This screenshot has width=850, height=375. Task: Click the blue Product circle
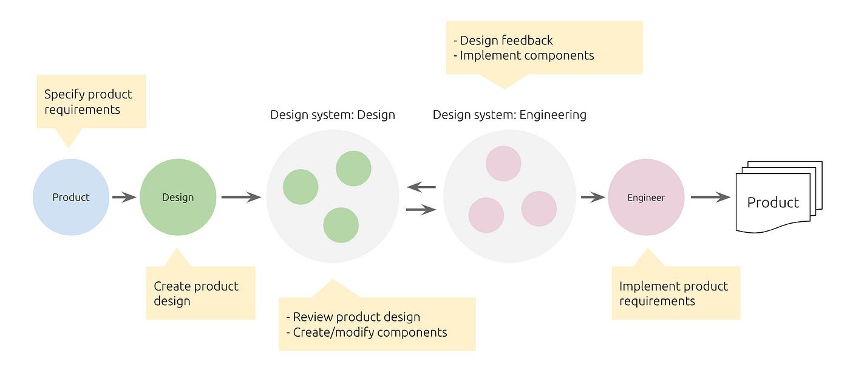(x=71, y=197)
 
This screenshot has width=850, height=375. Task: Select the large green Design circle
(x=178, y=197)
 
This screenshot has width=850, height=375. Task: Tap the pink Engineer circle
(x=646, y=197)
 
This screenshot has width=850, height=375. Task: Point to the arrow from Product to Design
(x=124, y=197)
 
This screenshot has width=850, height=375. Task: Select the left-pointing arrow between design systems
(x=421, y=187)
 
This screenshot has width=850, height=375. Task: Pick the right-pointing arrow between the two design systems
(x=421, y=210)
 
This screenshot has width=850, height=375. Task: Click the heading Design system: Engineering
(x=509, y=114)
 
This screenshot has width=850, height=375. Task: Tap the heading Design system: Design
(x=332, y=114)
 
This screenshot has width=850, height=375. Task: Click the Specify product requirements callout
(x=91, y=101)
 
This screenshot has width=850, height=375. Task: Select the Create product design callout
(x=200, y=293)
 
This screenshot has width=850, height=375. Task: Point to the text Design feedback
(x=506, y=41)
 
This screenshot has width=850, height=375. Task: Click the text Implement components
(x=527, y=55)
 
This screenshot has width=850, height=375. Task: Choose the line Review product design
(x=356, y=317)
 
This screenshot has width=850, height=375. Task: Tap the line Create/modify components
(x=370, y=332)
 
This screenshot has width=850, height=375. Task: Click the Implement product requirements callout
(x=675, y=293)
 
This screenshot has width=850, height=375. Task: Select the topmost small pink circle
(x=503, y=163)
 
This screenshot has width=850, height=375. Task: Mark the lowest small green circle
(x=341, y=225)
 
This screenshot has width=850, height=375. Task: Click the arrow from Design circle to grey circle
(x=241, y=197)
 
